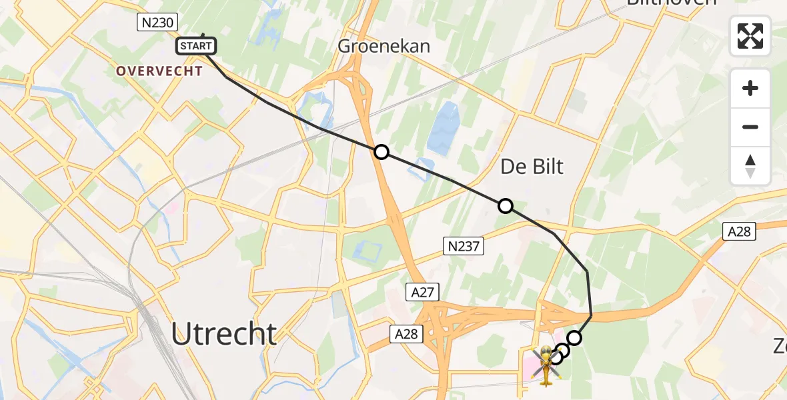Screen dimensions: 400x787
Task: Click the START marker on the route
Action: pyautogui.click(x=196, y=46)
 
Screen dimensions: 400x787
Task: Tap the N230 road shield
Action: pyautogui.click(x=157, y=23)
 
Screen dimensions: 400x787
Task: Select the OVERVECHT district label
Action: pyautogui.click(x=159, y=71)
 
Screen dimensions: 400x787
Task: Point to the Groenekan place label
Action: pyautogui.click(x=383, y=46)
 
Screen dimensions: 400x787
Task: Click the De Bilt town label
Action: pyautogui.click(x=532, y=166)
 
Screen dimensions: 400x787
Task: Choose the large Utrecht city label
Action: pyautogui.click(x=224, y=333)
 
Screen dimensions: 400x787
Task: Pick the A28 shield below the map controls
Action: pyautogui.click(x=738, y=231)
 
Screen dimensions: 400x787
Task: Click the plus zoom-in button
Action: pyautogui.click(x=750, y=88)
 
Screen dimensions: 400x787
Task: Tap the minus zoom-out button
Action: pyautogui.click(x=750, y=127)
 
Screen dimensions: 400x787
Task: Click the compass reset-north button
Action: pyautogui.click(x=750, y=166)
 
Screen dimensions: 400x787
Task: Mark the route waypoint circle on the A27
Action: pyautogui.click(x=381, y=152)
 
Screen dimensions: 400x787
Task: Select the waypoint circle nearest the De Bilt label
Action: pyautogui.click(x=506, y=206)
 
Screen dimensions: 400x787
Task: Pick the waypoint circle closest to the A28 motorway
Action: pyautogui.click(x=574, y=337)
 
